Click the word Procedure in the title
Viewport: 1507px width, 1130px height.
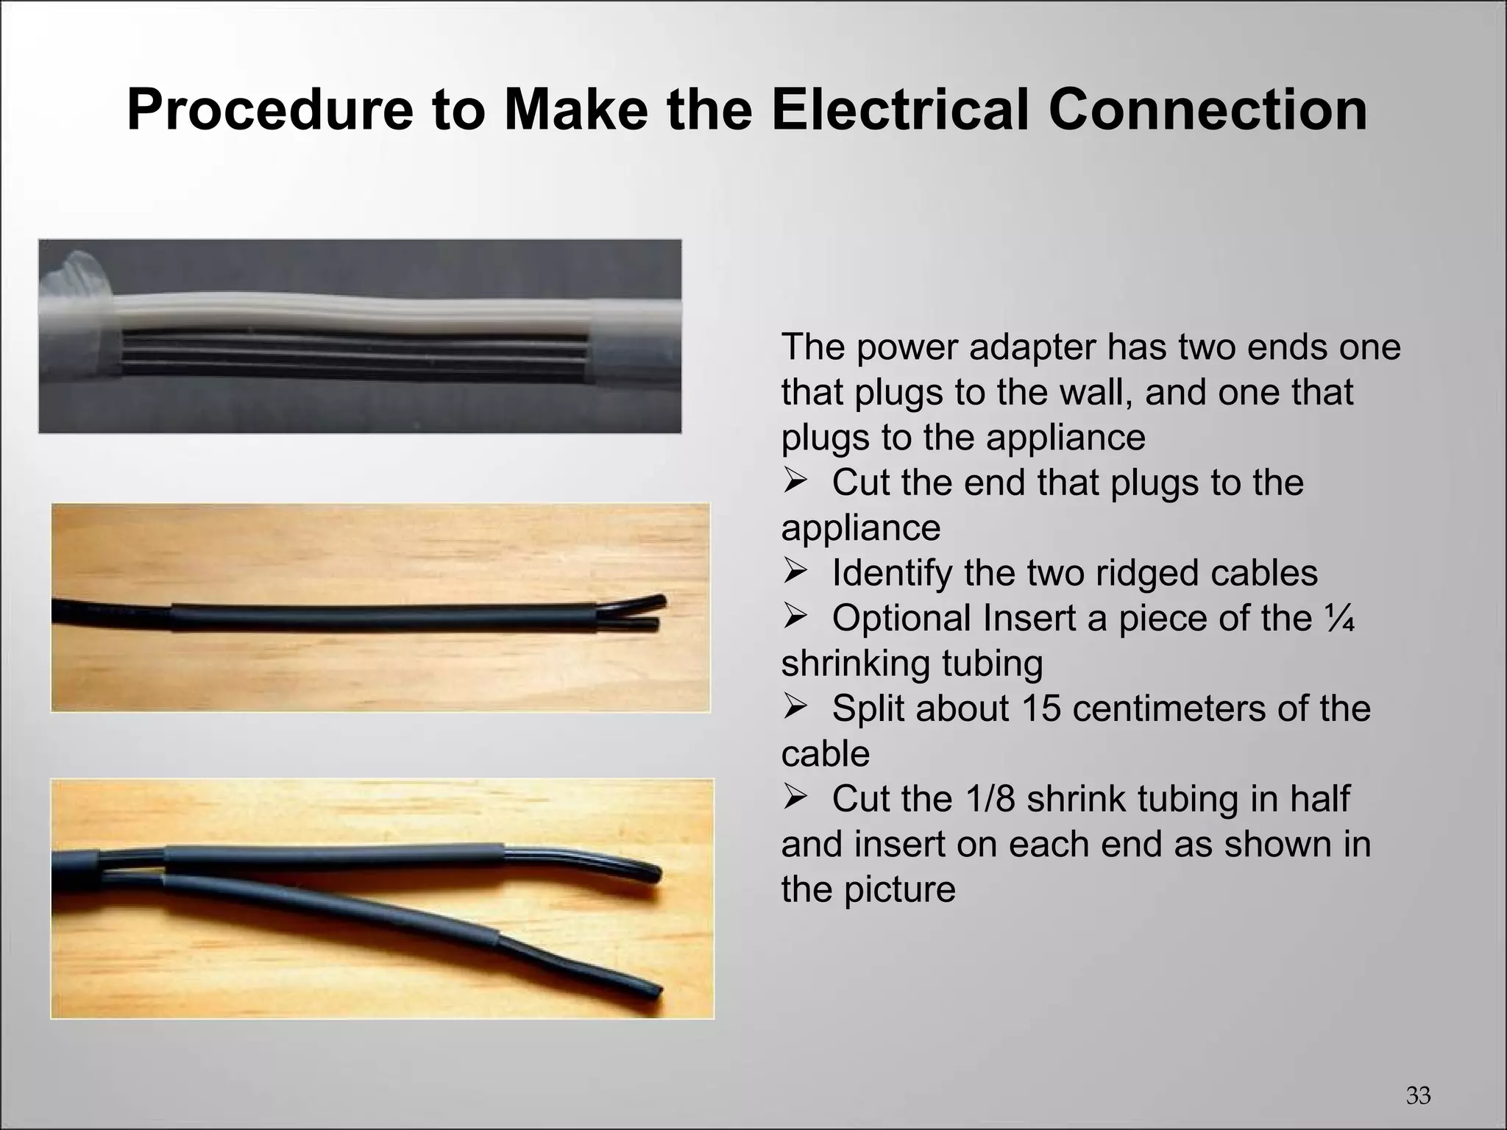[x=269, y=110]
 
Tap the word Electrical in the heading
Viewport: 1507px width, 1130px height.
[x=898, y=110]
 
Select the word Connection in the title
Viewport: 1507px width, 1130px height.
[x=1207, y=110]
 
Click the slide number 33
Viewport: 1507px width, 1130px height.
[x=1418, y=1095]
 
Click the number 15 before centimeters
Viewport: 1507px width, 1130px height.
[x=1041, y=708]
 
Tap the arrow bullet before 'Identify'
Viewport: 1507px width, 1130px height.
[x=795, y=572]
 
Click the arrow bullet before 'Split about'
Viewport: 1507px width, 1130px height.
[x=795, y=708]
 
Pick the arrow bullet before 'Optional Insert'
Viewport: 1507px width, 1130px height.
[x=795, y=618]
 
